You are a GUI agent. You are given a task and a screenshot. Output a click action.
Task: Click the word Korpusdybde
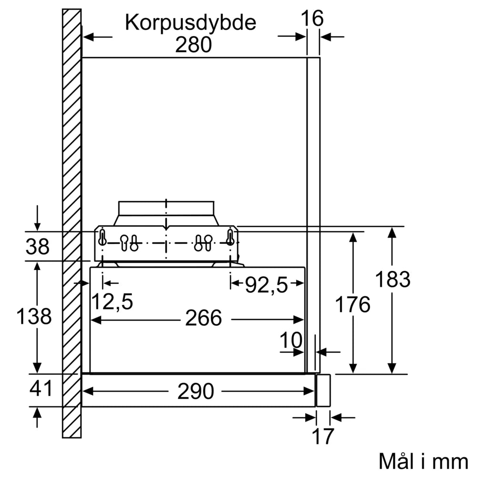coord(191,23)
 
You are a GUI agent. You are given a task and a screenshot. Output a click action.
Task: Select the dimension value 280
coord(193,45)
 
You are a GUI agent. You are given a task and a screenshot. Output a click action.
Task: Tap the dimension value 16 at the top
coord(312,19)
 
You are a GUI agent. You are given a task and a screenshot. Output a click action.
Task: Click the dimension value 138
coord(34,316)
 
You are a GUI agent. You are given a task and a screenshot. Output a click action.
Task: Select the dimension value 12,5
coord(112,301)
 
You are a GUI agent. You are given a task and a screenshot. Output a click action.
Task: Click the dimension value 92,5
coord(267,285)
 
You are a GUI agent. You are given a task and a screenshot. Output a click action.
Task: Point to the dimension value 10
coord(291,341)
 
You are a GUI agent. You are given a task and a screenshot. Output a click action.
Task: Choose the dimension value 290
coord(196,392)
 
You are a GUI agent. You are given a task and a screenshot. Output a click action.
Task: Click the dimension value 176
coord(353,304)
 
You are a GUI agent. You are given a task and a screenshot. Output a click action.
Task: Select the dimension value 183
coord(393,280)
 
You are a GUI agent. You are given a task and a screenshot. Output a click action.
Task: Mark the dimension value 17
coord(322,436)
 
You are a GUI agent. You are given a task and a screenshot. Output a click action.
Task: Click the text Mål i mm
coord(423,461)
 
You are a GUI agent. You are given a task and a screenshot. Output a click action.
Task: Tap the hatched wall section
coord(72,143)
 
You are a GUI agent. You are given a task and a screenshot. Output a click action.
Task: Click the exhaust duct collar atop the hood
coord(166,208)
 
